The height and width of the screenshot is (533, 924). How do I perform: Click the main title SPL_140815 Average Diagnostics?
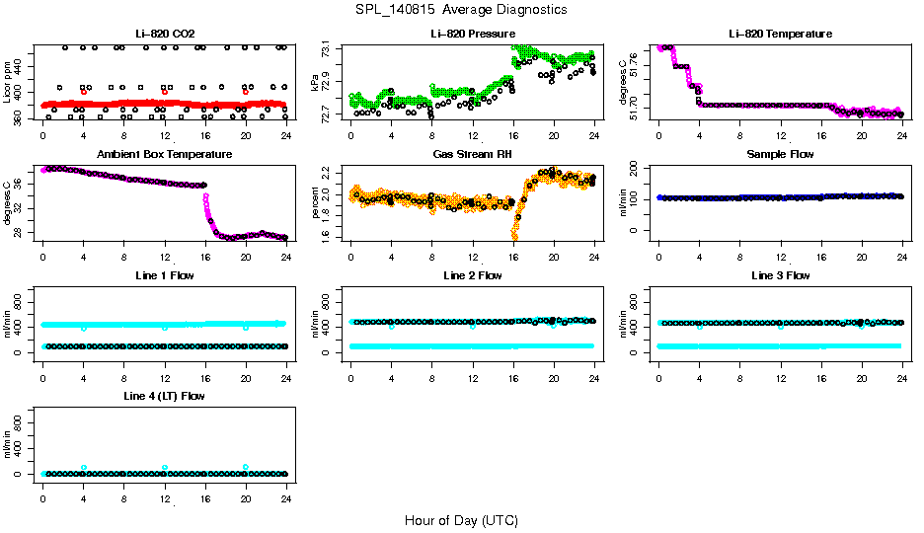click(462, 9)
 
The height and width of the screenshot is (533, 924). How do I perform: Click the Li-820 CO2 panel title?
click(165, 34)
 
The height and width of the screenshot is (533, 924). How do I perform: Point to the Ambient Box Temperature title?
click(165, 154)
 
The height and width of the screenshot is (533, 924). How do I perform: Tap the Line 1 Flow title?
click(165, 275)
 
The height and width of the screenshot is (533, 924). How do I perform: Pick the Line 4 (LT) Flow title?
click(165, 396)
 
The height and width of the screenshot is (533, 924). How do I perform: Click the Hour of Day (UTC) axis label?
click(461, 520)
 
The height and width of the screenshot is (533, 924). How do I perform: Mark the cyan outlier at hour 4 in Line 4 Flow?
click(84, 468)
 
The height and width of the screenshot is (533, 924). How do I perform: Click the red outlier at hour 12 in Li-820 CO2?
click(165, 92)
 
